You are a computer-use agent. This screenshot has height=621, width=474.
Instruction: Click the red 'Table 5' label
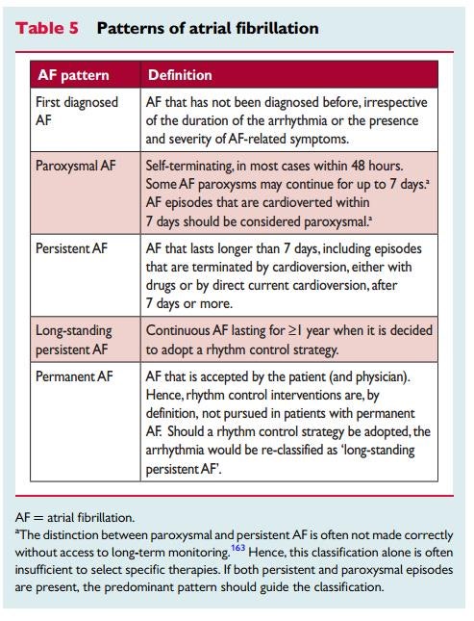click(x=46, y=27)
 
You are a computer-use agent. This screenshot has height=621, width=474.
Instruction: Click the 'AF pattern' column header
click(x=73, y=74)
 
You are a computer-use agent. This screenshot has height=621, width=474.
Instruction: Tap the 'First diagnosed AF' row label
click(x=77, y=112)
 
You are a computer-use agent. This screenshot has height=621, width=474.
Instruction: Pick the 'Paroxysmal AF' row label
click(x=75, y=166)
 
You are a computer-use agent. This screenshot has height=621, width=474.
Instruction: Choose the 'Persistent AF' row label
click(x=72, y=247)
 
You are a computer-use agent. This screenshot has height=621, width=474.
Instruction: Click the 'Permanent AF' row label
click(x=74, y=376)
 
